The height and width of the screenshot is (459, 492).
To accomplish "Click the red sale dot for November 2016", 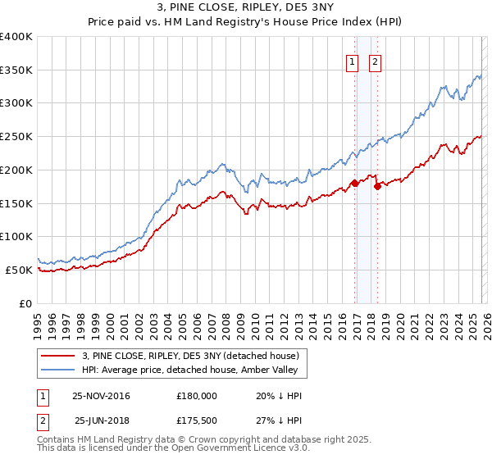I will coord(354,183).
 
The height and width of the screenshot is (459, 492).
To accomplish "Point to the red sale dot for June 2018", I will coord(377,186).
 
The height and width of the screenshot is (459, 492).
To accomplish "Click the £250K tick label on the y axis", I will coord(16,136).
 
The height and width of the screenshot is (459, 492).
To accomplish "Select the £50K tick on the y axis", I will coord(19,270).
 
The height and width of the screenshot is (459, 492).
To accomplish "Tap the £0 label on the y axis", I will coord(26,303).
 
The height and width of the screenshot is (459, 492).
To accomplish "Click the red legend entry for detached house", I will coord(194,355).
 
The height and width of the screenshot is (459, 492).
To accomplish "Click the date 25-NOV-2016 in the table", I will coord(102,396).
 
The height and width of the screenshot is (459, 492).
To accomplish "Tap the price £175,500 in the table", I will coord(197,420).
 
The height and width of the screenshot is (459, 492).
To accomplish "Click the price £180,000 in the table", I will coord(197,396).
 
